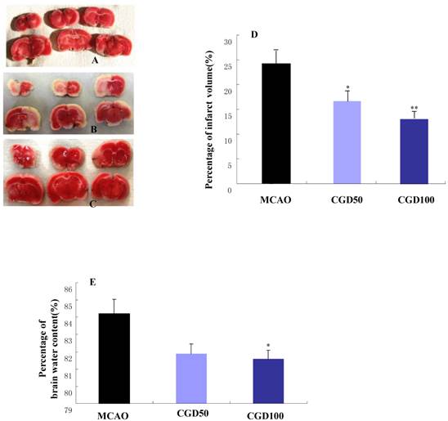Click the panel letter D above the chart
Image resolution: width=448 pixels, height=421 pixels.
tap(254, 35)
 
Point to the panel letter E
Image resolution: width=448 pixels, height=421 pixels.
tap(93, 282)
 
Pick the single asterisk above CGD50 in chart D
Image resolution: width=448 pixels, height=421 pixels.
tap(347, 88)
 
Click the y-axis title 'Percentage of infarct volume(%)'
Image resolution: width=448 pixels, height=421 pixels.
tap(209, 119)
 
